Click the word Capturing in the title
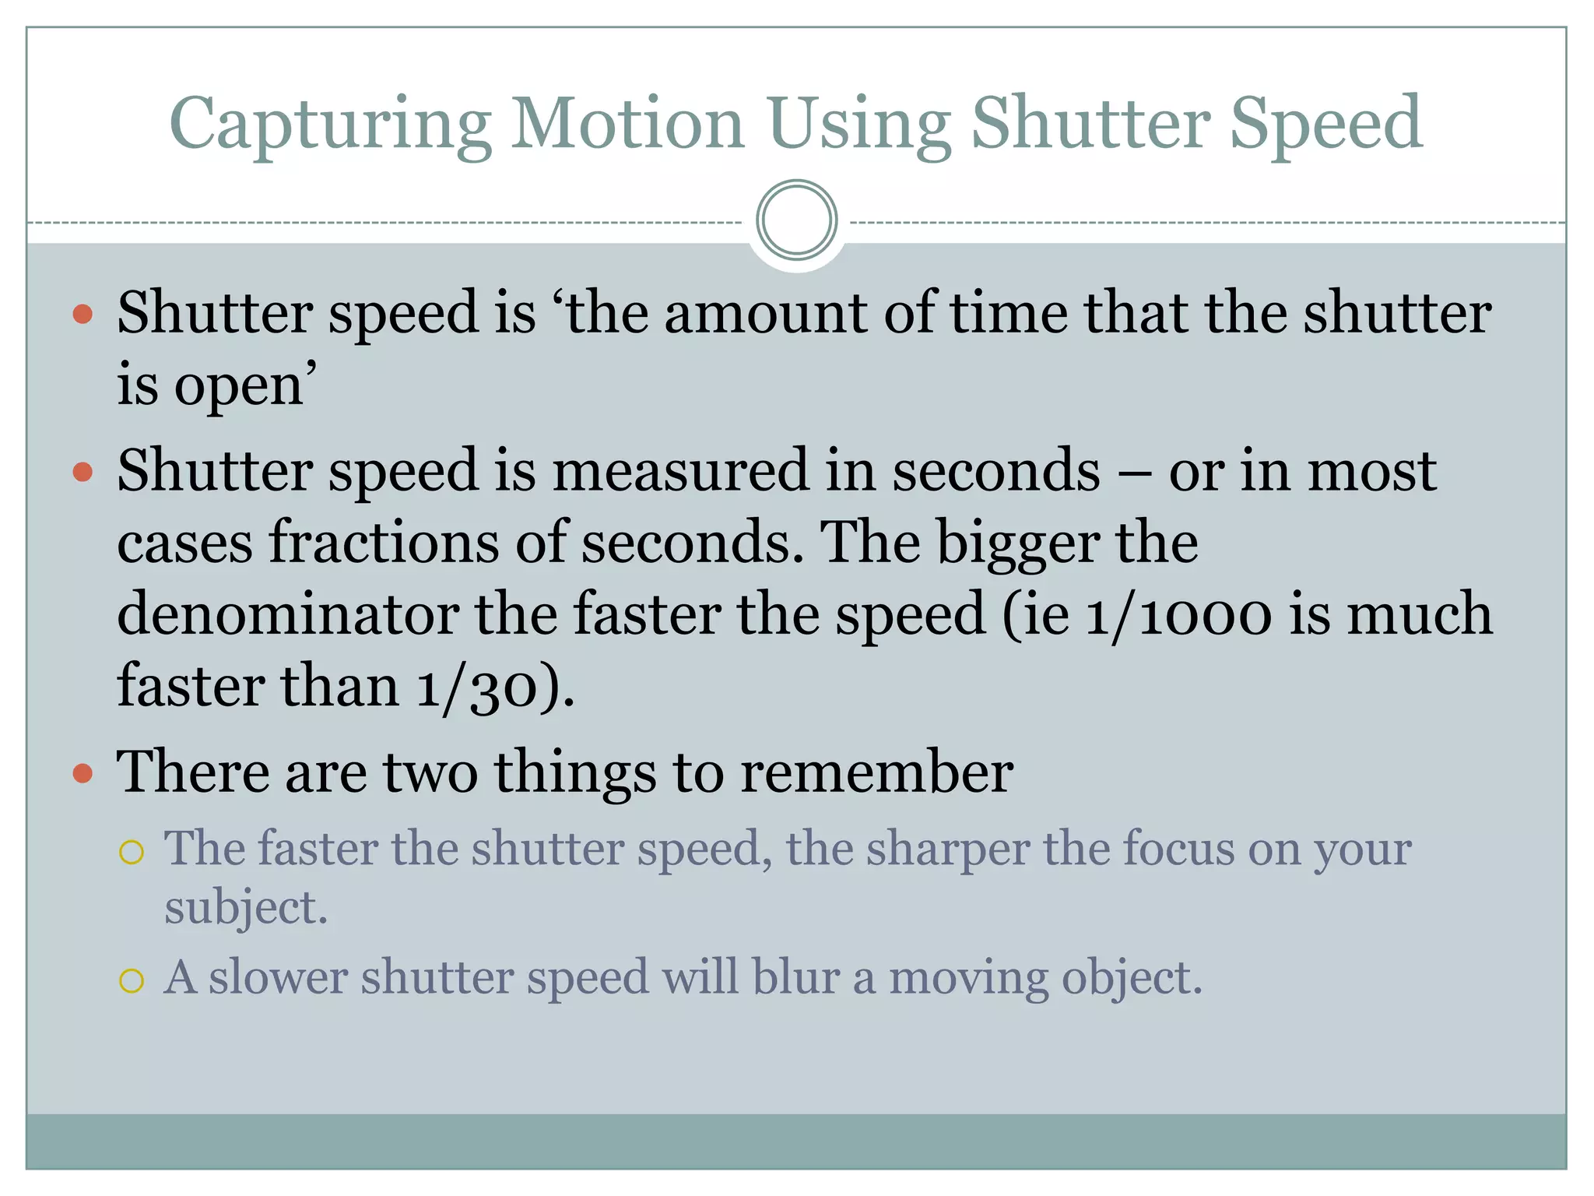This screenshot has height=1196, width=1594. click(x=330, y=125)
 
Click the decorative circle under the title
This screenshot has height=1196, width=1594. click(x=796, y=220)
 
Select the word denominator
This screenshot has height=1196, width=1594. click(x=288, y=614)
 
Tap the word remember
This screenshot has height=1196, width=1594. click(x=876, y=772)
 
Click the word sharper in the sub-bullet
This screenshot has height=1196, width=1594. click(x=948, y=849)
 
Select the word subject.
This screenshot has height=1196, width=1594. click(x=246, y=909)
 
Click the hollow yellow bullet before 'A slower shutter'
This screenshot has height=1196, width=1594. click(x=132, y=980)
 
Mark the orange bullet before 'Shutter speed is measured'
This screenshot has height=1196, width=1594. click(x=83, y=472)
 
